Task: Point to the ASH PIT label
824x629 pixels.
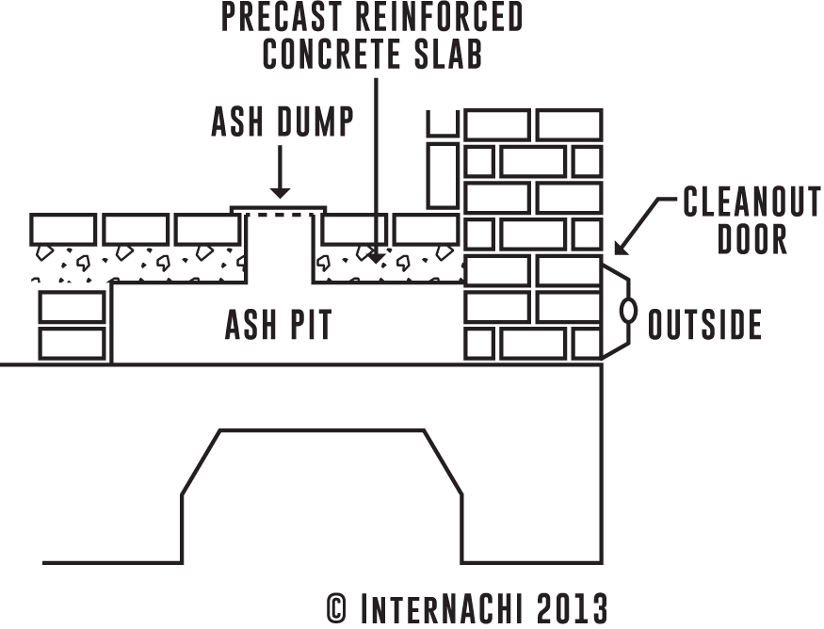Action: (278, 326)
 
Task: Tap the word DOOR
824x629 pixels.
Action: (751, 239)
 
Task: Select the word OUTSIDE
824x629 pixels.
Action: (704, 326)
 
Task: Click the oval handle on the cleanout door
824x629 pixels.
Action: (624, 312)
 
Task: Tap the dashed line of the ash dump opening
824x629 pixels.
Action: (279, 216)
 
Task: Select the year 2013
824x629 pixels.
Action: (573, 606)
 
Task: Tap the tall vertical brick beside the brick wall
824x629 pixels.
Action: (443, 173)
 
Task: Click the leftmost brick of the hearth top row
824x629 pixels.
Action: (63, 229)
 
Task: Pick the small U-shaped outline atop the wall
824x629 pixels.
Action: (443, 122)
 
